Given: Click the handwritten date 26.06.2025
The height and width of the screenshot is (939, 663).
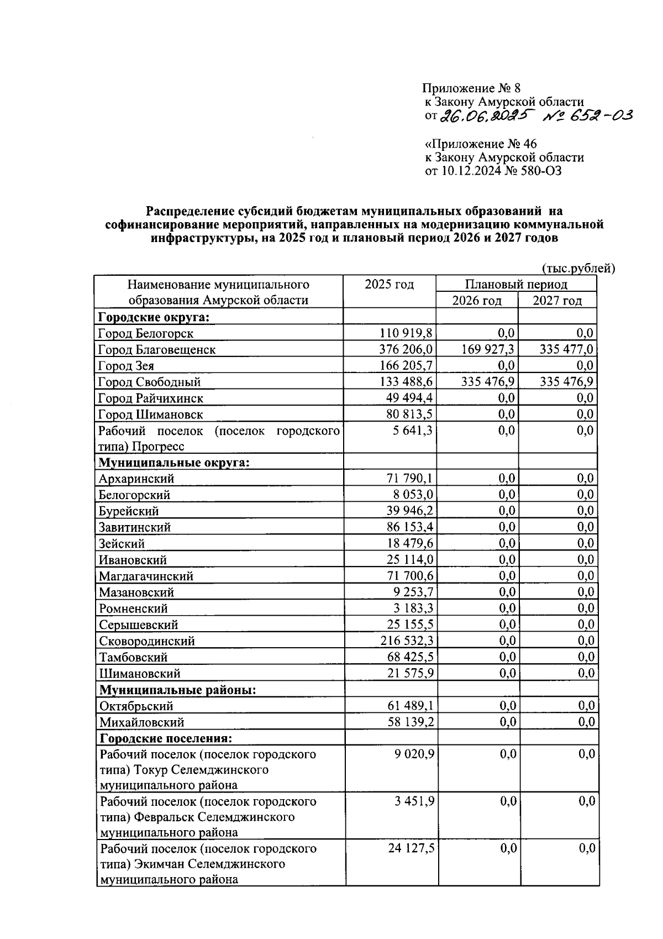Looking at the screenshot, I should [481, 115].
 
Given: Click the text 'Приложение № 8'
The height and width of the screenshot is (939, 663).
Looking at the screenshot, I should [471, 88].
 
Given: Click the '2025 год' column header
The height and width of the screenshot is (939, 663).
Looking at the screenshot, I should [389, 285].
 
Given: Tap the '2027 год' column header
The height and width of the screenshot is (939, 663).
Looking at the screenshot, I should [557, 301].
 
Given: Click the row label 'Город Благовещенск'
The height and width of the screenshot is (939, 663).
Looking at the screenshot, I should [156, 349].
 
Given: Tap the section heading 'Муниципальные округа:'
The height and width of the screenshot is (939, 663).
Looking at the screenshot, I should [174, 463].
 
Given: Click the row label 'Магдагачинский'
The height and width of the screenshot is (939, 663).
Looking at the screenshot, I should [146, 576].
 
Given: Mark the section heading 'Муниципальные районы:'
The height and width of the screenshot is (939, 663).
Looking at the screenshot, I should [177, 690].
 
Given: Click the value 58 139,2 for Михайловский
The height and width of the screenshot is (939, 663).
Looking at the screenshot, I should [410, 722].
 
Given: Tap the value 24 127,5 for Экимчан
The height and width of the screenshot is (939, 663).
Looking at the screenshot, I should [410, 848].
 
